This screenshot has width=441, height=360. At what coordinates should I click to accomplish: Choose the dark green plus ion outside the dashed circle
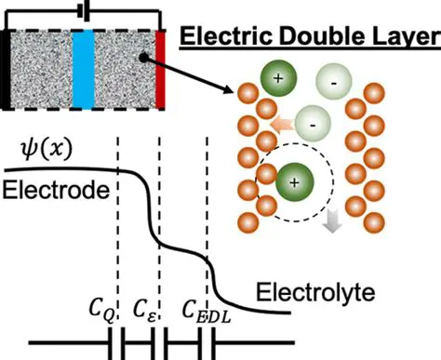278,81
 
